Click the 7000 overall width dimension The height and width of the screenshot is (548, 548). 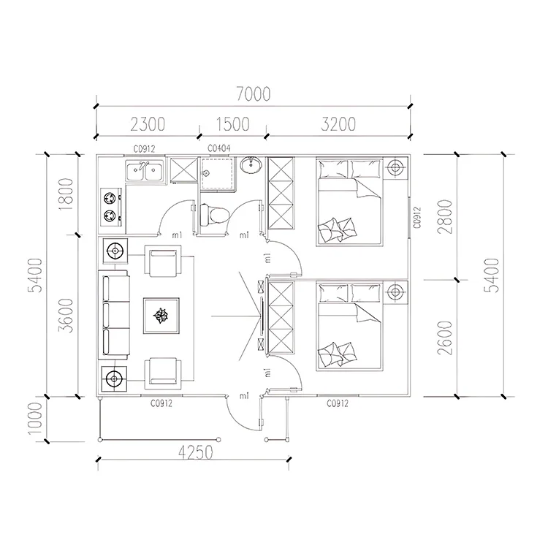click(254, 94)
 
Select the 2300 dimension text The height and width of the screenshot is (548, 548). click(148, 124)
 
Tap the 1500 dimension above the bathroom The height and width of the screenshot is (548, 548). click(232, 124)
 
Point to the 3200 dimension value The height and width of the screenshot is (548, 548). click(338, 124)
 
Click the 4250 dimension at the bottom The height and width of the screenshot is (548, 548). click(195, 452)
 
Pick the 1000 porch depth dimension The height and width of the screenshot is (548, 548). click(36, 418)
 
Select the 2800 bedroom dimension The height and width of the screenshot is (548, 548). click(445, 217)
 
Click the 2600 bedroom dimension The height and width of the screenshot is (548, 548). click(445, 338)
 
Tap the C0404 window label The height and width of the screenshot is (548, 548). click(219, 148)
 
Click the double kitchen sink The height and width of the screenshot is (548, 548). click(145, 171)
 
